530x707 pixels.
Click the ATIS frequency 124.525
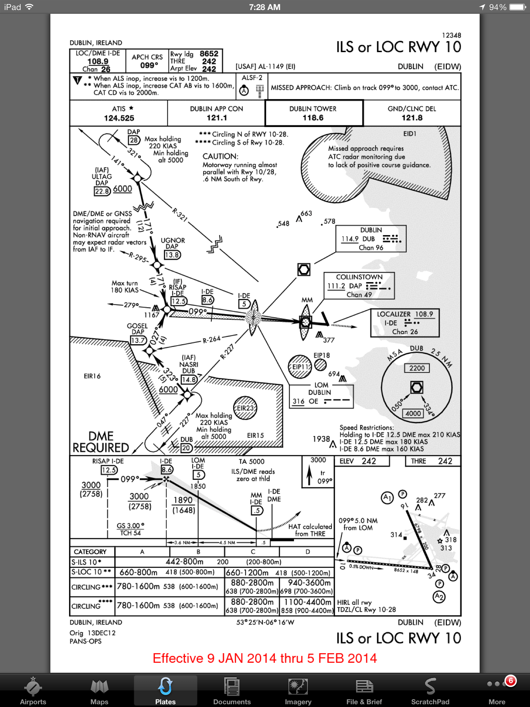[119, 118]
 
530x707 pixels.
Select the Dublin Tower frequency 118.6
[313, 118]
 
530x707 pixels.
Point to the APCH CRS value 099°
[149, 65]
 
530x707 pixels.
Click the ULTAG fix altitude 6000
[122, 189]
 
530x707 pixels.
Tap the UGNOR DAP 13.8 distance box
[172, 255]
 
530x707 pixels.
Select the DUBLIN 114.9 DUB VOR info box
[371, 239]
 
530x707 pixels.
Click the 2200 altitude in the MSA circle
[417, 368]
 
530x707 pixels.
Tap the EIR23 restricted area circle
[245, 408]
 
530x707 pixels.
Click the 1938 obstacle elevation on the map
[321, 439]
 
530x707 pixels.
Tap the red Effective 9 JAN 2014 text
[265, 658]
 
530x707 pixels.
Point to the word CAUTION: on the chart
[220, 156]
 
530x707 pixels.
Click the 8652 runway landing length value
[209, 54]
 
